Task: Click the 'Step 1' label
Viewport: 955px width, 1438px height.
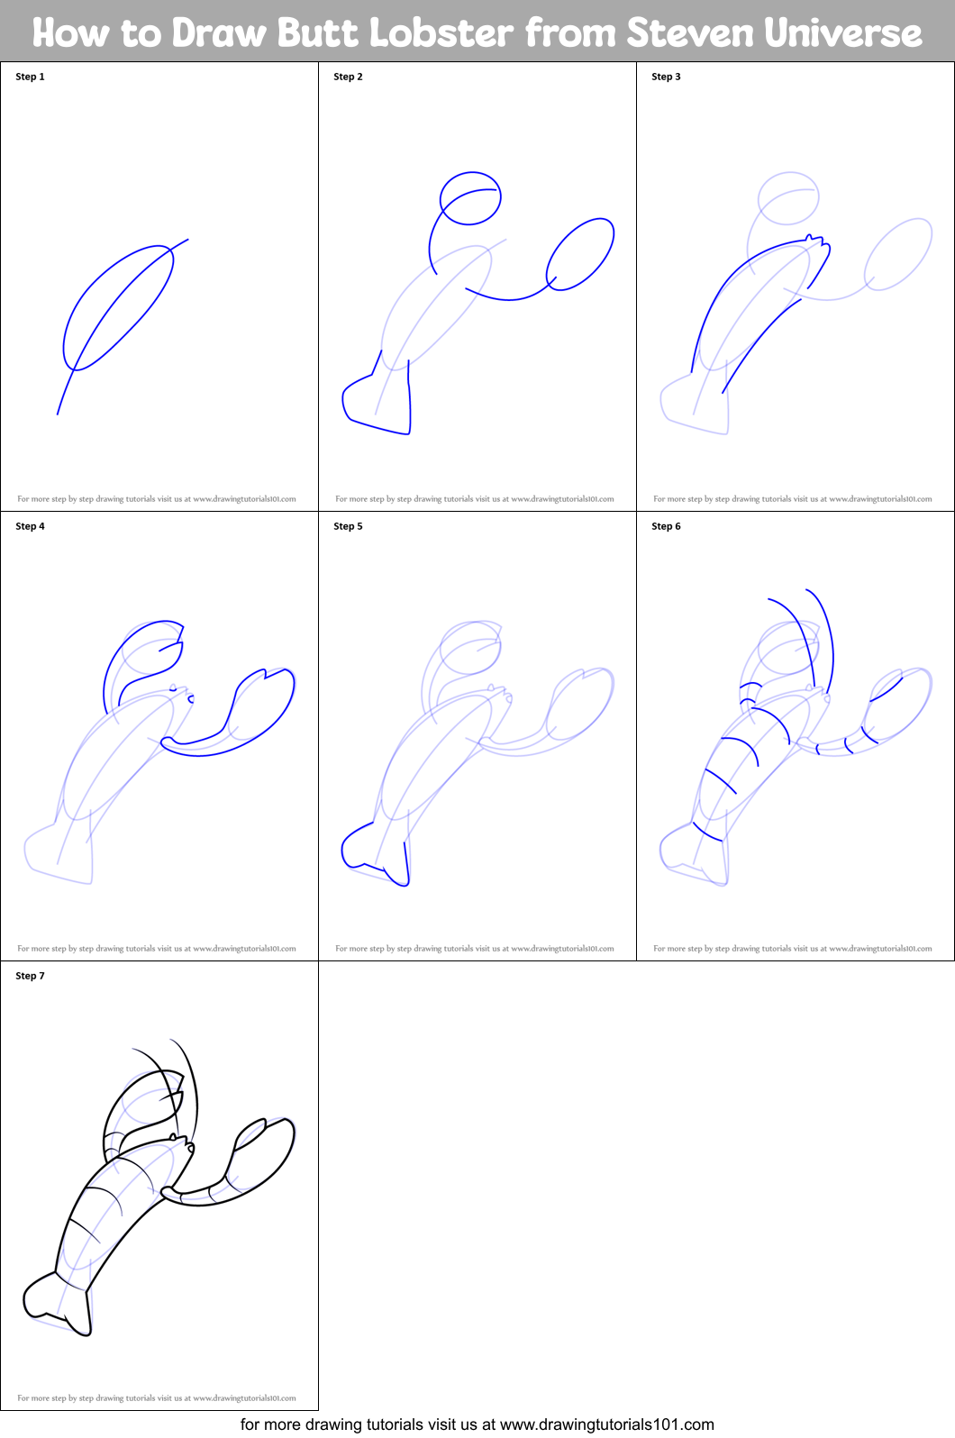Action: coord(30,77)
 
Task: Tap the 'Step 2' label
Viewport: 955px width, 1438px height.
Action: coord(348,77)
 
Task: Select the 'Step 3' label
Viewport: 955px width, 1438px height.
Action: coord(666,77)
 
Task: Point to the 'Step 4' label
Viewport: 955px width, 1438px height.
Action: coord(30,526)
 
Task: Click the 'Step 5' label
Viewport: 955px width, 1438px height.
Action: coord(348,526)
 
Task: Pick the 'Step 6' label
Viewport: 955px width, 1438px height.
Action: coord(666,526)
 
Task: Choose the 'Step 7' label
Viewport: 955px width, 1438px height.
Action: coord(30,976)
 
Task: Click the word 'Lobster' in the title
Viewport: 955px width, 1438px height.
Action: coord(441,33)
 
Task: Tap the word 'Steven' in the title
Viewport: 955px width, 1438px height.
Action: coord(690,33)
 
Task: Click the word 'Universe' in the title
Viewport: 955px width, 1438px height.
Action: coord(843,33)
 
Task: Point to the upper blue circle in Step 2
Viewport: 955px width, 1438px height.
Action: coord(470,198)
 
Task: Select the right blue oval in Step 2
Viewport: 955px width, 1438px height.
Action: coord(580,254)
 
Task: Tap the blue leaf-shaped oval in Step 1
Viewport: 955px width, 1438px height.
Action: coord(118,306)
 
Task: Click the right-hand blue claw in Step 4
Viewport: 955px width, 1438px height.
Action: coord(261,707)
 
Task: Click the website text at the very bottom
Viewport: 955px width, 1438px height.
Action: coord(477,1424)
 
